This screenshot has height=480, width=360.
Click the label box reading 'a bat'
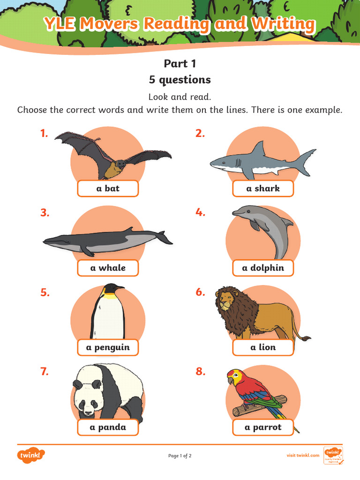(x=108, y=188)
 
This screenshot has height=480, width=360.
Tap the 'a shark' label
(x=263, y=188)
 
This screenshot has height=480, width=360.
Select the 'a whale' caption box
(x=108, y=268)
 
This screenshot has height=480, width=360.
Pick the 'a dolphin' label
(x=263, y=268)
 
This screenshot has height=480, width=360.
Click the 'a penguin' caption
(x=108, y=348)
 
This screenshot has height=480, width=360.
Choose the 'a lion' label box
(x=263, y=348)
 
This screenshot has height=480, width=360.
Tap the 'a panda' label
(x=108, y=427)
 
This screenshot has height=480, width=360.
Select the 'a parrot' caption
(x=263, y=427)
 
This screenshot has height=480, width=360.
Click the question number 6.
(x=200, y=292)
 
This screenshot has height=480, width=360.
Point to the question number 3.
(x=45, y=213)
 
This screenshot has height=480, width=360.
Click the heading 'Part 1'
(x=180, y=64)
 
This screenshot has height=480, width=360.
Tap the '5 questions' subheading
(x=180, y=80)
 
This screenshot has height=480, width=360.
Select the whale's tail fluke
(x=164, y=237)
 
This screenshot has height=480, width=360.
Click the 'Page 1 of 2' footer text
(x=180, y=456)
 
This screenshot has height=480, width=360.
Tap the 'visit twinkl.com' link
(x=303, y=455)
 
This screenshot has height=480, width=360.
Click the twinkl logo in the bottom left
(x=31, y=455)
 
